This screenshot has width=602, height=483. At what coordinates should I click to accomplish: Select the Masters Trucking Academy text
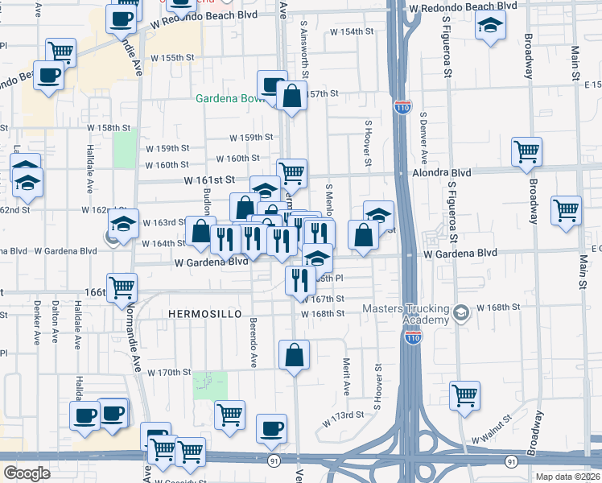tap(404, 315)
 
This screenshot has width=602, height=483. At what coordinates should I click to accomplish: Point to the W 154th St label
tap(353, 31)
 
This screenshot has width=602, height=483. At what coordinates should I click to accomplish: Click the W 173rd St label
tap(344, 418)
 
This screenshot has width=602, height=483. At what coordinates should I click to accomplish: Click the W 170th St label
tap(169, 372)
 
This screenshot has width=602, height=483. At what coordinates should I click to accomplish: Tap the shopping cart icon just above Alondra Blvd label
tap(526, 151)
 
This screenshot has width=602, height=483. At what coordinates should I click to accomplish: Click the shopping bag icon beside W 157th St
tap(292, 97)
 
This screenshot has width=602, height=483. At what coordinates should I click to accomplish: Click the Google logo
tap(27, 473)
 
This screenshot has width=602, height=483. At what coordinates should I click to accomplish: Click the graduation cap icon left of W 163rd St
tap(123, 225)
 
